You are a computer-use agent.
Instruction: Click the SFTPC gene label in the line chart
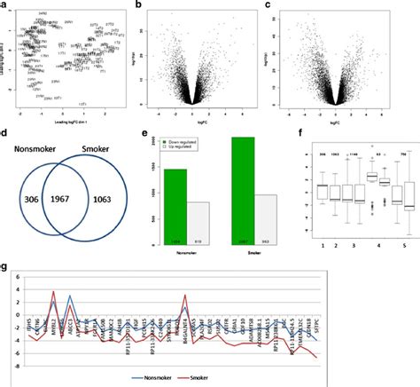(x=391, y=329)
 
